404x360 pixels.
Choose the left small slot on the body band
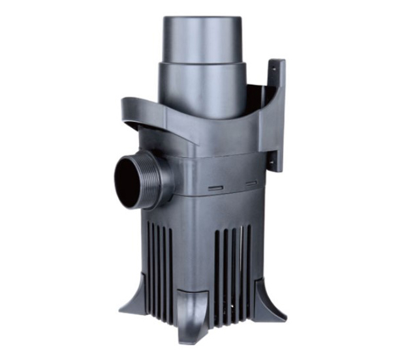click(213, 188)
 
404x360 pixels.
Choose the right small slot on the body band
click(250, 183)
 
